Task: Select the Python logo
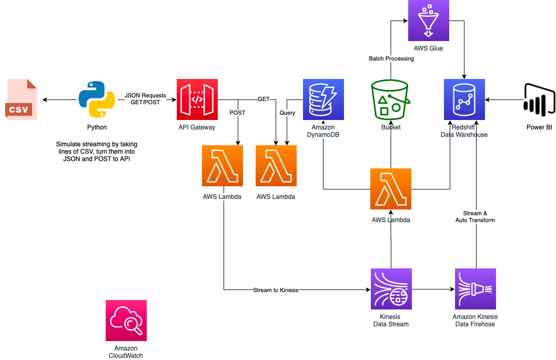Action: coord(97,99)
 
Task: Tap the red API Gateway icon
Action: coord(197,99)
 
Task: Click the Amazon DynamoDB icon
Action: coord(324,99)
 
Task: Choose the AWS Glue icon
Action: coord(429,21)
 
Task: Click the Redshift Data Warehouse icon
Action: coord(464,99)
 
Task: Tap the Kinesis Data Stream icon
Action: coord(391,289)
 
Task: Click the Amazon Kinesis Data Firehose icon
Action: coord(476,289)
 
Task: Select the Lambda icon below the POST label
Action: coord(223,166)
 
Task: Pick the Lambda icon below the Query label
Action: coord(276,166)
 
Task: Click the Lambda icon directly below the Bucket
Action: coord(391,189)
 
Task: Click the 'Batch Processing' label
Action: coord(391,58)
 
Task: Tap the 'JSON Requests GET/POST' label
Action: coord(145,99)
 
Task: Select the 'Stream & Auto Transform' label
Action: coord(476,217)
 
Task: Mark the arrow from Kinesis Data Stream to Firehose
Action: coord(433,289)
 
